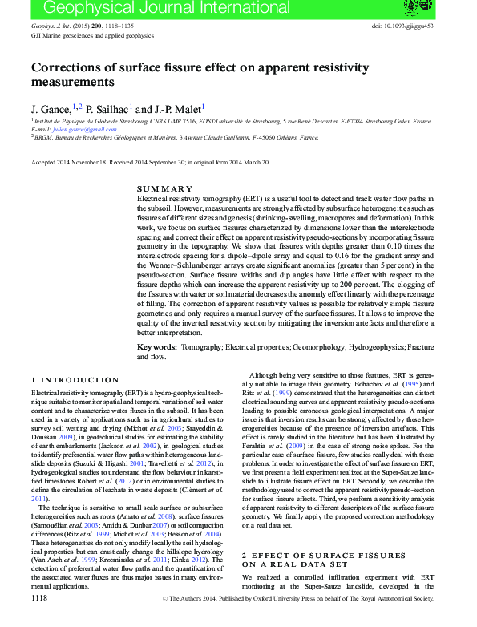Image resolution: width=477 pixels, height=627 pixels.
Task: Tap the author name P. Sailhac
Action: [x=107, y=109]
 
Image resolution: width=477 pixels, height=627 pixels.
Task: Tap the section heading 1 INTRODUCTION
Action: [x=75, y=379]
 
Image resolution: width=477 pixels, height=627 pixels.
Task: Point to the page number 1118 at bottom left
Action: [x=39, y=621]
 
